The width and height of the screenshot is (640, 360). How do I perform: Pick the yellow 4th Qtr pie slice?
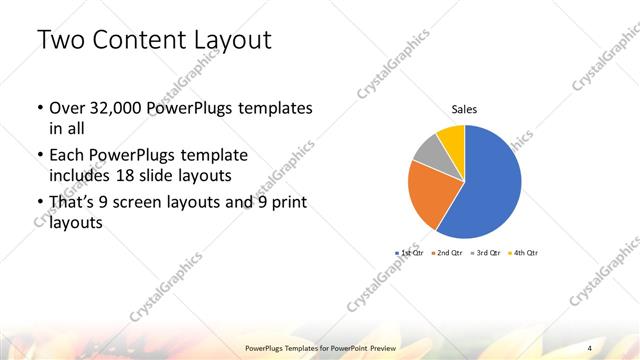452,136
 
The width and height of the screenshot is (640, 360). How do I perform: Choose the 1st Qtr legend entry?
410,253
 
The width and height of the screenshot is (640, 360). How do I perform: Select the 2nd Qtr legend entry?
447,253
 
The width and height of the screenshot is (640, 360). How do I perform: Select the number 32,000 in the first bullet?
118,108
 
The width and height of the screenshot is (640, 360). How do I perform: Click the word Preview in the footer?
378,347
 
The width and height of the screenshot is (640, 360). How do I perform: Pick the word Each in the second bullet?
69,156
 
